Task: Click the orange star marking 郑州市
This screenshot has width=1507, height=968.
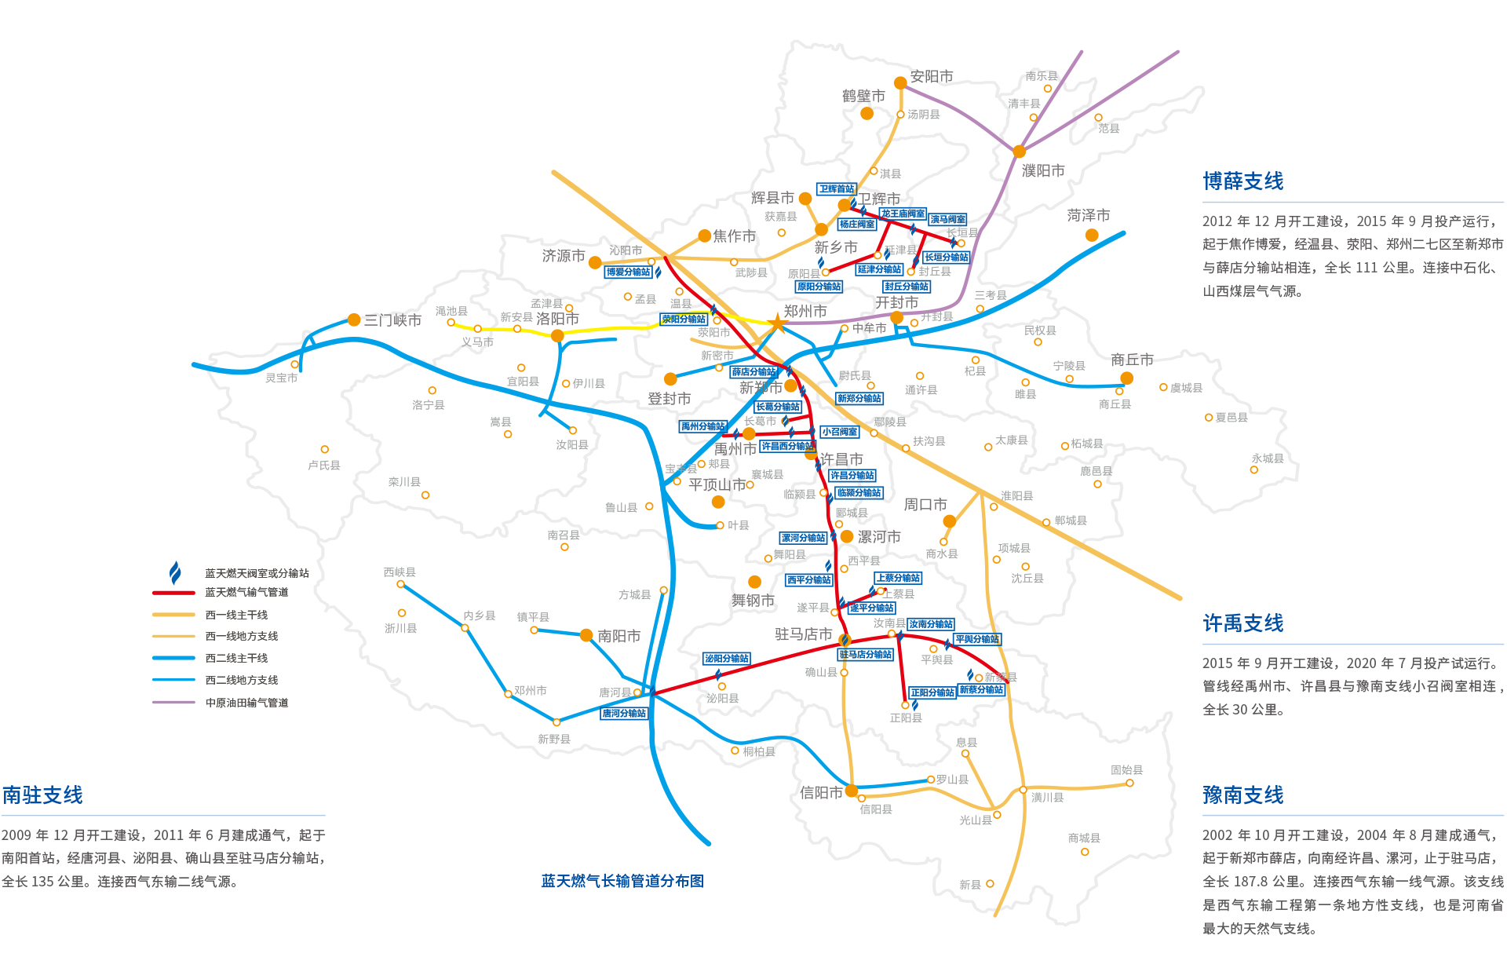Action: (x=777, y=323)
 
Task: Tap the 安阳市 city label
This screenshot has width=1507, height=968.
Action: (x=932, y=76)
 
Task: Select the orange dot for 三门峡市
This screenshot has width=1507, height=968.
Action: (x=354, y=320)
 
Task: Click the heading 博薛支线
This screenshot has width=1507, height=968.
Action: (x=1243, y=181)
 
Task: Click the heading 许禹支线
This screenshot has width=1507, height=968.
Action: (x=1243, y=623)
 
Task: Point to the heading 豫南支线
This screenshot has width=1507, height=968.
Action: (x=1243, y=795)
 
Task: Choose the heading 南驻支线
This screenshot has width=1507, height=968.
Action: (x=42, y=795)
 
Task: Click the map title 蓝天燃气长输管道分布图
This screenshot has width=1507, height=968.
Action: (x=622, y=881)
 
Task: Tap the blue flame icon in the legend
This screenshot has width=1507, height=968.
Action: (x=175, y=572)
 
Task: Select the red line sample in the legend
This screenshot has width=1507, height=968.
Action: (x=173, y=593)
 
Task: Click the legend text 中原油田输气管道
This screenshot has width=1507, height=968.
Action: (x=246, y=703)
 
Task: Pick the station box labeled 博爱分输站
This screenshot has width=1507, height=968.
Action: (x=628, y=272)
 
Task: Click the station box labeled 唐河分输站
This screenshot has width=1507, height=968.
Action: (x=624, y=714)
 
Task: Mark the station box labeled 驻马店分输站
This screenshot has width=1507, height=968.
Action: (x=866, y=655)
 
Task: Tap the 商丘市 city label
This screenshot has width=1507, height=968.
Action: (x=1132, y=360)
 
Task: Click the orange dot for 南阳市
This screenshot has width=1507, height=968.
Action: (x=586, y=635)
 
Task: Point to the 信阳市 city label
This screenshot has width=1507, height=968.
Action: (x=821, y=793)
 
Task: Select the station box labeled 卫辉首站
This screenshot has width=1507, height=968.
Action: (x=836, y=189)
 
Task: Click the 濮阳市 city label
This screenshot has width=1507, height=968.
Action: (x=1043, y=170)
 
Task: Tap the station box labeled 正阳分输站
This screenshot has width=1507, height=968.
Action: (x=932, y=692)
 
